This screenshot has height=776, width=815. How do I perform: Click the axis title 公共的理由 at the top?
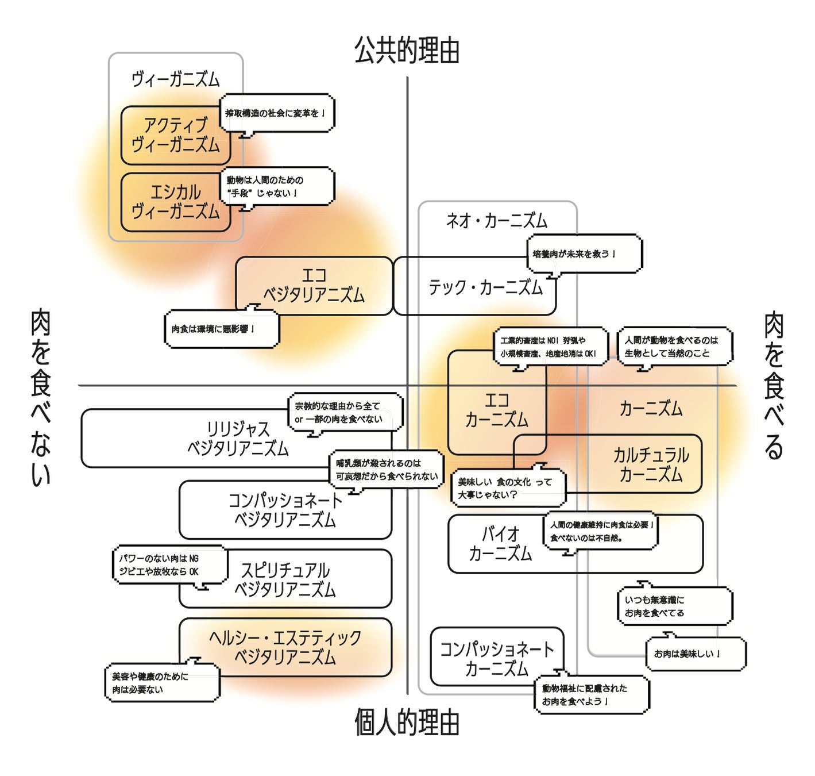tap(407, 51)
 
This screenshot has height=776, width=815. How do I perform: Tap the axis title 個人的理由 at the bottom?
tap(407, 723)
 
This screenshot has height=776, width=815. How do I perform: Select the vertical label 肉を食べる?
tap(774, 385)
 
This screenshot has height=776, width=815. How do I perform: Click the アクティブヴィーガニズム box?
tap(175, 135)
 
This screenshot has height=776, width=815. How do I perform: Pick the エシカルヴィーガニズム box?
tap(175, 202)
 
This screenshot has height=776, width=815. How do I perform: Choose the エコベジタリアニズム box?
tap(314, 286)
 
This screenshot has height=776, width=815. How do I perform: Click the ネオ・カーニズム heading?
tap(497, 221)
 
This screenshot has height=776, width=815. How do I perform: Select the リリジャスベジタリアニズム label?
tap(238, 439)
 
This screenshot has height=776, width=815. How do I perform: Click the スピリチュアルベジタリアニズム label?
tap(285, 579)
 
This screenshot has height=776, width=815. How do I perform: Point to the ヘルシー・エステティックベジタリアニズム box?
tap(285, 647)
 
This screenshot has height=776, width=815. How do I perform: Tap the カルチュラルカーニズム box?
tap(651, 464)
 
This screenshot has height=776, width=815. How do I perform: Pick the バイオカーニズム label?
tap(500, 544)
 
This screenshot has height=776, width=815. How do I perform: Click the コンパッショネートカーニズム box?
tap(496, 659)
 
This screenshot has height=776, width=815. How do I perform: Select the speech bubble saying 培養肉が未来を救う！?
tap(584, 253)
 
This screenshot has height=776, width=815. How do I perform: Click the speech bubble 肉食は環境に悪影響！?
tap(221, 329)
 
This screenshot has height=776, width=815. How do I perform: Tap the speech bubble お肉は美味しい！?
tap(696, 654)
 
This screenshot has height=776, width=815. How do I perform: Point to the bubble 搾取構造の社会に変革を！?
tap(277, 113)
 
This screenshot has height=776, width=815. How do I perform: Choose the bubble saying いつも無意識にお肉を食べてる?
tap(674, 606)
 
